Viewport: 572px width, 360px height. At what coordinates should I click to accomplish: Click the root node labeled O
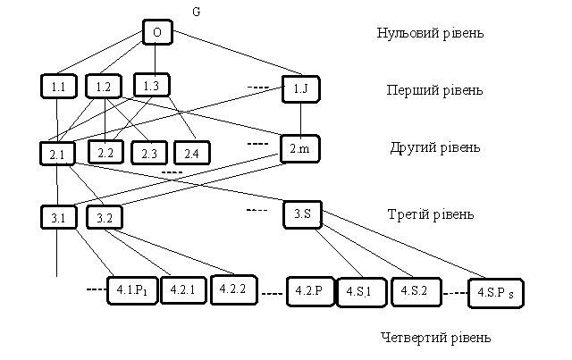(x=156, y=33)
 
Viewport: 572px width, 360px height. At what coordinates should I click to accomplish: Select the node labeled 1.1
(x=58, y=87)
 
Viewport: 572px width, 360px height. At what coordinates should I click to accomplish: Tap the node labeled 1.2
(x=103, y=87)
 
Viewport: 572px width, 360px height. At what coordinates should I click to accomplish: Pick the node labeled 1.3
(x=150, y=86)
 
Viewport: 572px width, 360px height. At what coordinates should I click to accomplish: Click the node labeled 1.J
(x=299, y=88)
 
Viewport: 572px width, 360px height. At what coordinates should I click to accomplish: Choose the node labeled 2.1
(x=58, y=154)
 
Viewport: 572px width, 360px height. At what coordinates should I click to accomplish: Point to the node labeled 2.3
(x=147, y=154)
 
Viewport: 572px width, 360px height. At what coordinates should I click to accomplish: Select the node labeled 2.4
(x=190, y=154)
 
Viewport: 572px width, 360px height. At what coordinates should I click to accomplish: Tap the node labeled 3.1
(x=58, y=217)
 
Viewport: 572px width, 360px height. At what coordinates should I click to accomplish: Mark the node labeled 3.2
(x=105, y=217)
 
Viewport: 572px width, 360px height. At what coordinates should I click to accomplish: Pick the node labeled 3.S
(x=302, y=214)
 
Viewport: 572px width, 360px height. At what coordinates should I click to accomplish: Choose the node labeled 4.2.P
(x=310, y=291)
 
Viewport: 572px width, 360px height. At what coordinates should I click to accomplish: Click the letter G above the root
(x=197, y=11)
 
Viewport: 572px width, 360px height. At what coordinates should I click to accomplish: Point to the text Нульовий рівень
(x=430, y=34)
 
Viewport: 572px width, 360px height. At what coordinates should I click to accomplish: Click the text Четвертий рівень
(x=435, y=338)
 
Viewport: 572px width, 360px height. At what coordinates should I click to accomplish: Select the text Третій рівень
(x=430, y=214)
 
